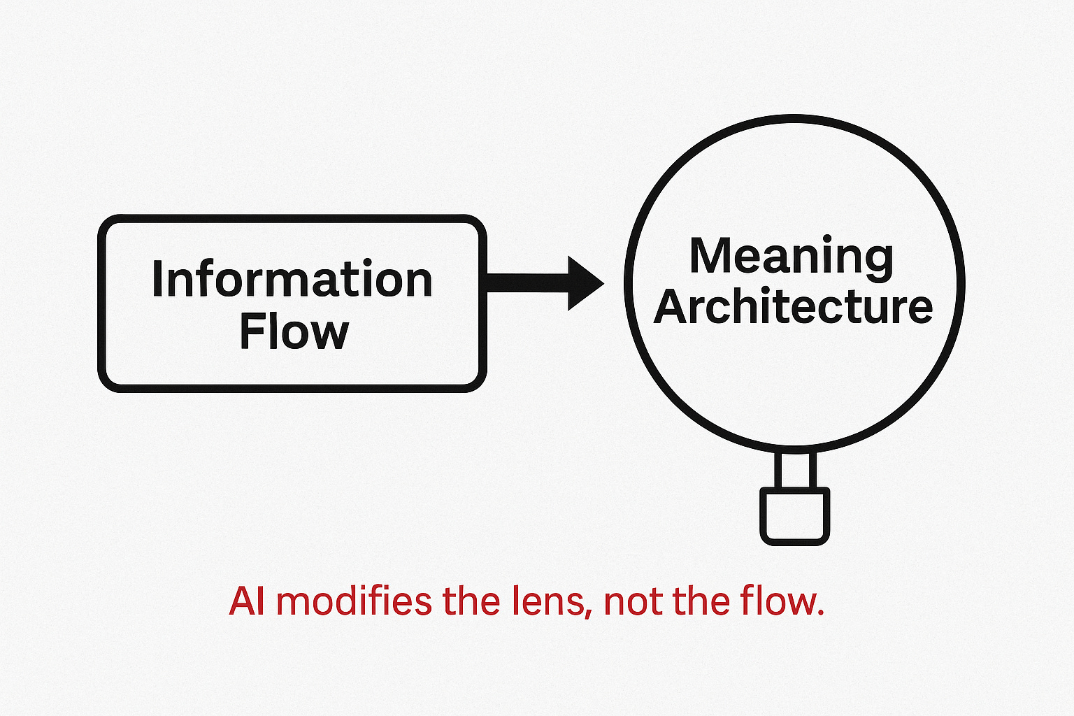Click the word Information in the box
coord(292,280)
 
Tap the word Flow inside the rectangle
coord(294,332)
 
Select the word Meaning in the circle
coord(792,257)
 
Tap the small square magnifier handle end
coord(794,516)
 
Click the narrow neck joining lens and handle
coord(794,470)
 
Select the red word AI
coord(247,602)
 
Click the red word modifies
coord(359,602)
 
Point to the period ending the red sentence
coord(820,613)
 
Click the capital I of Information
coord(157,280)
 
